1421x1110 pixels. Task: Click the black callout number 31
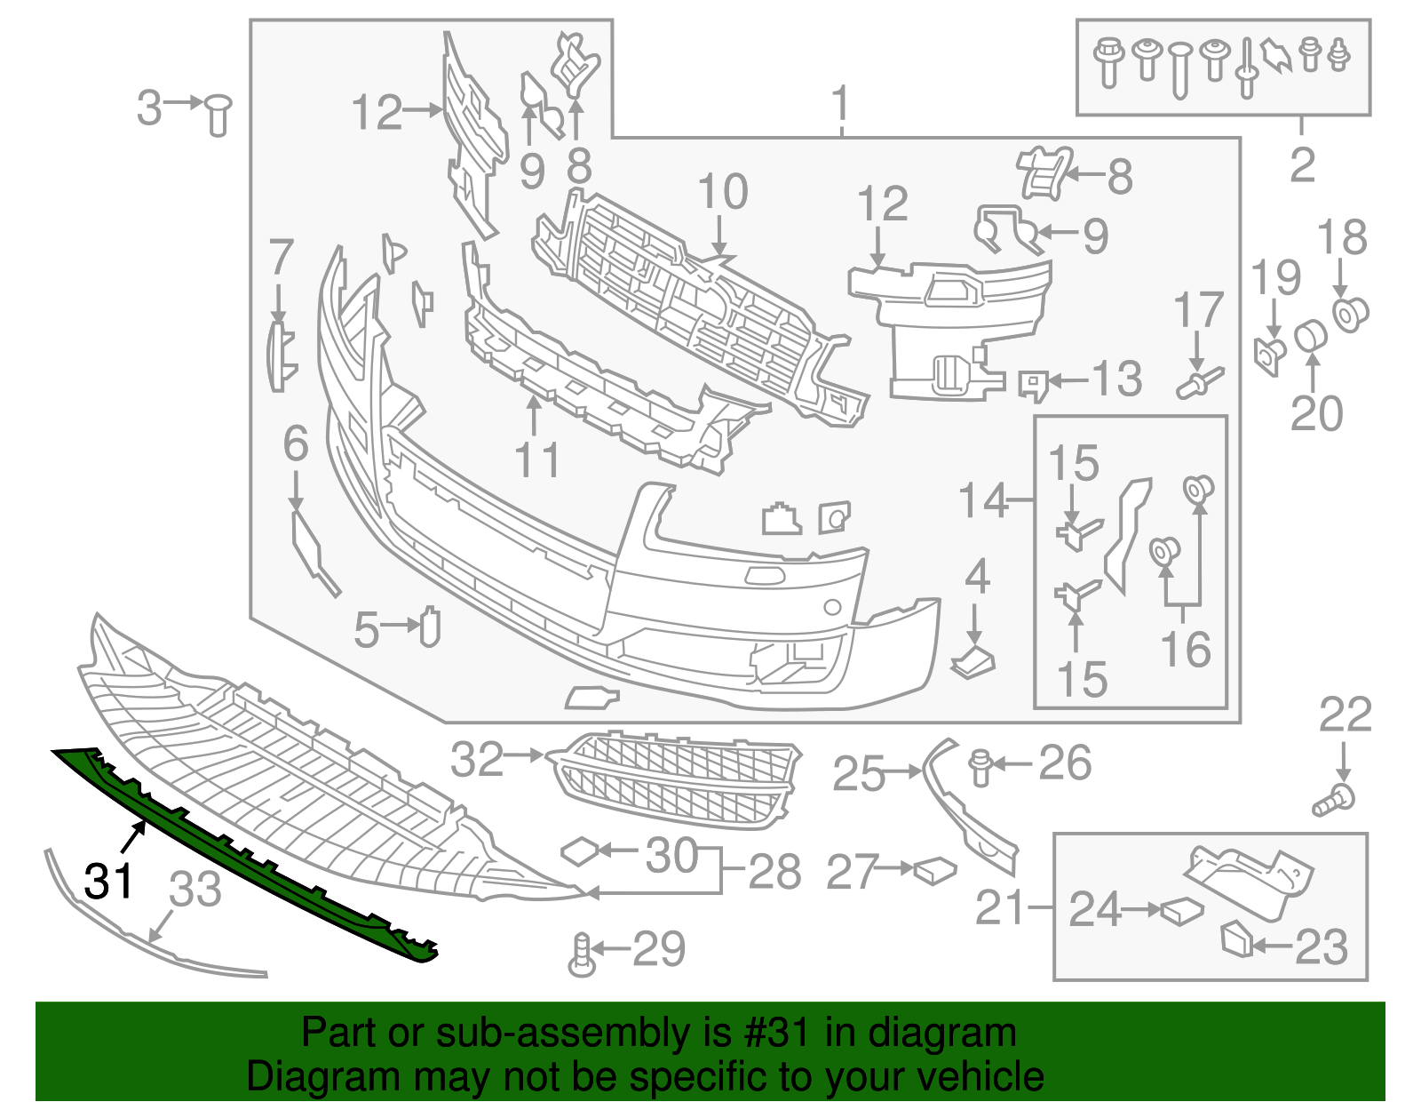point(108,881)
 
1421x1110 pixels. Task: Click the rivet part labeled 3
point(218,116)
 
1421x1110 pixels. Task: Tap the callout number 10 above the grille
point(723,192)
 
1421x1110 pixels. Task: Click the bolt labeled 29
point(582,955)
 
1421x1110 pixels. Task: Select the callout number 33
point(195,889)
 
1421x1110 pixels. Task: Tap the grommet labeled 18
point(1351,313)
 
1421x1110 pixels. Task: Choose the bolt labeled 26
point(980,767)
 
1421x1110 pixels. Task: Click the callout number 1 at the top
point(840,106)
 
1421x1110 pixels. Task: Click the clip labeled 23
point(1236,940)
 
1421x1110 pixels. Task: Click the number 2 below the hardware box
point(1302,165)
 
